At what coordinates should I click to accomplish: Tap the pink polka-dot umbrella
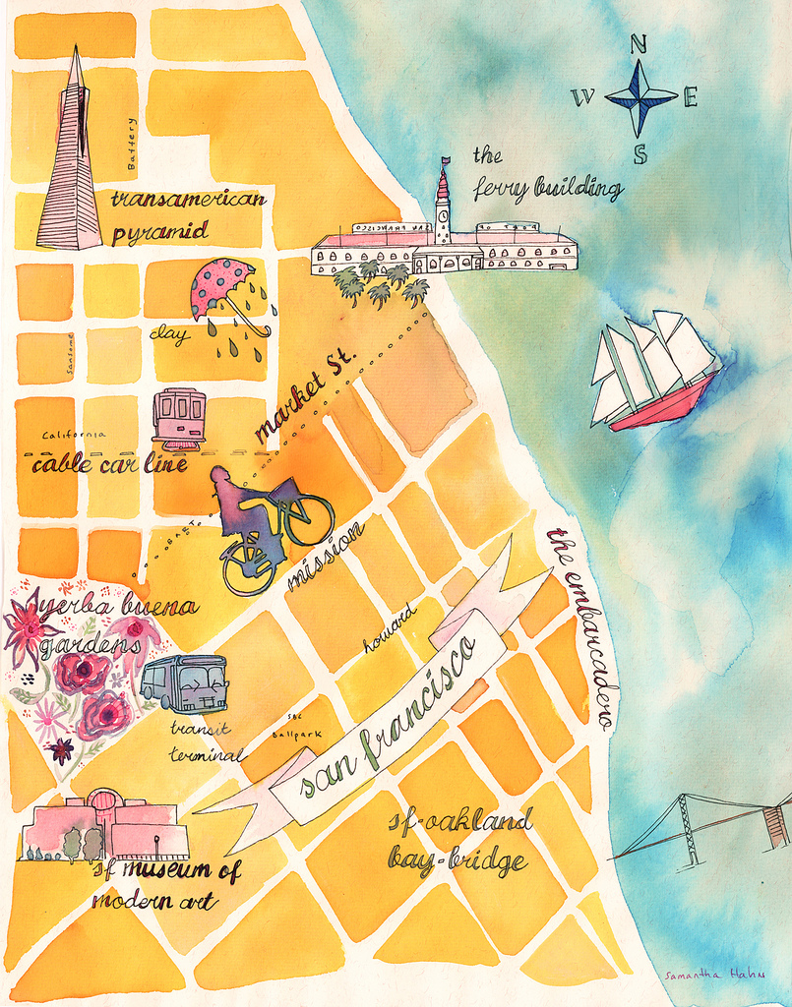pos(222,285)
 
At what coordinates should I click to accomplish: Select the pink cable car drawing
pos(179,417)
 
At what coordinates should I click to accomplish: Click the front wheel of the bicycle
pos(309,519)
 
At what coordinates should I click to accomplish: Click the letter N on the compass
pos(639,44)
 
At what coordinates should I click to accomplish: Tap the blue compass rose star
pos(640,96)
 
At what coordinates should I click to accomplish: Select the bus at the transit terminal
pos(185,682)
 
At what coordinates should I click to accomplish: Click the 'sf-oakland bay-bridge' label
pos(458,842)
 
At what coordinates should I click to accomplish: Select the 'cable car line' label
pos(108,464)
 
